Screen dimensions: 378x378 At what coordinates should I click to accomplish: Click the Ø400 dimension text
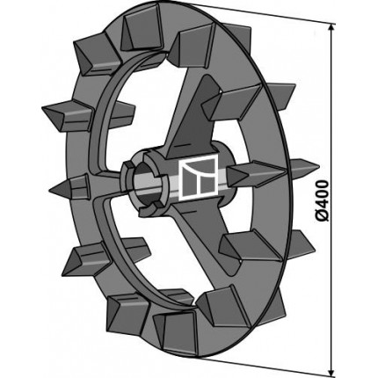click(323, 201)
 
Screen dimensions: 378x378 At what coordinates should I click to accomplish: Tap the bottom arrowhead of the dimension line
click(331, 371)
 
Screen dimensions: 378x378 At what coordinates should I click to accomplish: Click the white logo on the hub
click(200, 177)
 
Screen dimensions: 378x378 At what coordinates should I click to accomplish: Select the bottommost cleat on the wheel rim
click(175, 331)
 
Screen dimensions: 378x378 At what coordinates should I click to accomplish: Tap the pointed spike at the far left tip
click(69, 186)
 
